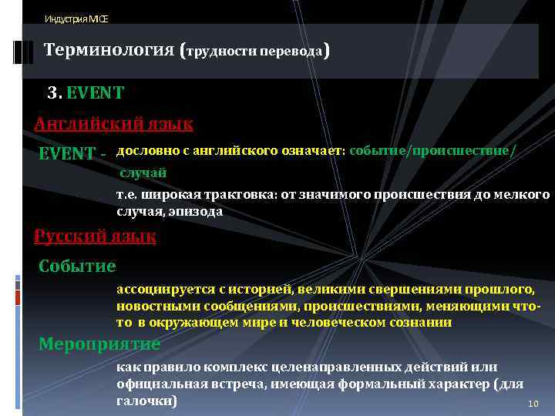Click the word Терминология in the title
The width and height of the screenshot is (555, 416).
tap(109, 51)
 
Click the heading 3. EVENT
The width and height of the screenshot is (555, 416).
tap(85, 93)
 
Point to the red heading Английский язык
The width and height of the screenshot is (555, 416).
tap(113, 123)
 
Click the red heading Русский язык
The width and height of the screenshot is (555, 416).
tap(95, 237)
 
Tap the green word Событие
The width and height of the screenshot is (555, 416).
tap(77, 266)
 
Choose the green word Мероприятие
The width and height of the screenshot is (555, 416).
tap(99, 344)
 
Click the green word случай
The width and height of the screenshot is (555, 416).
tap(143, 173)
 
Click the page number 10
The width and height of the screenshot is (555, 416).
tap(532, 404)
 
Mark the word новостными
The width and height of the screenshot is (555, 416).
tap(153, 306)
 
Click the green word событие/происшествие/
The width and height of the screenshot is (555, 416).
tap(432, 151)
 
